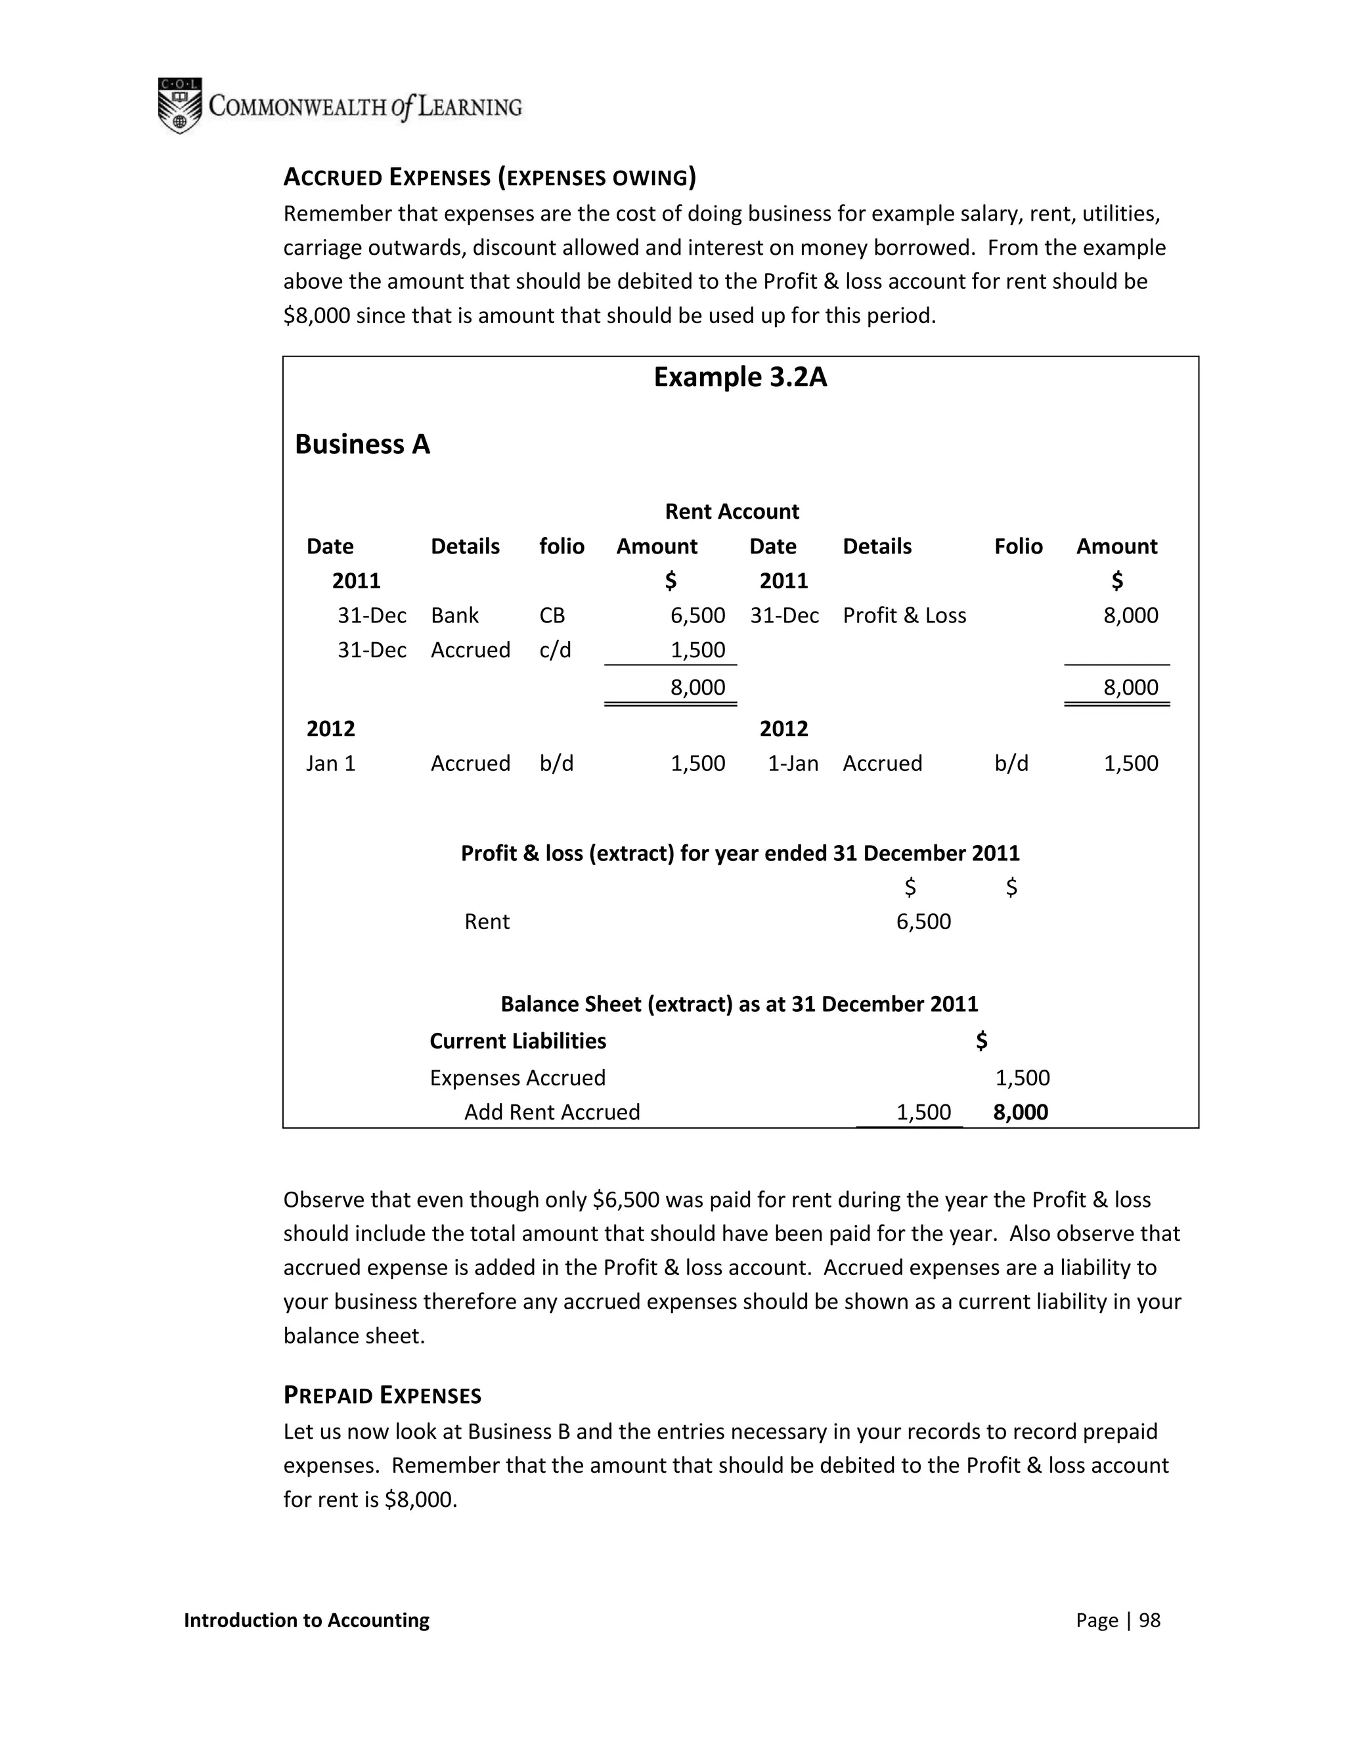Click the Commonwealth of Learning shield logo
pos(180,105)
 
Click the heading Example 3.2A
pos(739,377)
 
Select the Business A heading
pos(362,444)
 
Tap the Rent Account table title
pos(732,511)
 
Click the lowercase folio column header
pos(561,546)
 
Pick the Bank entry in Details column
pos(454,615)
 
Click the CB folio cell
pos(552,615)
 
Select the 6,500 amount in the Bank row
pos(697,615)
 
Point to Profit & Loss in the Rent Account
pos(904,615)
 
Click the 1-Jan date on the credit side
pos(792,763)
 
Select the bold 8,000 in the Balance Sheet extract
pos(1020,1112)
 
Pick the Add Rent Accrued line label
pos(552,1112)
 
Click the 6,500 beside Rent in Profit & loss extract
pos(923,922)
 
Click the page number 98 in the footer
pos(1149,1620)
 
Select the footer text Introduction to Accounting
pos(306,1620)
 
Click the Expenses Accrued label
pos(517,1078)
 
